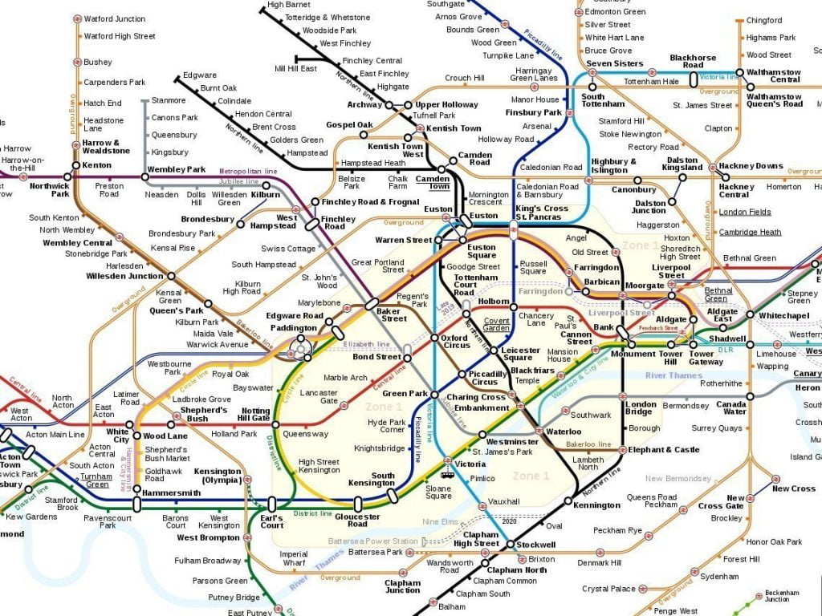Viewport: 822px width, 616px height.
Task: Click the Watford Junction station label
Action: pos(115,18)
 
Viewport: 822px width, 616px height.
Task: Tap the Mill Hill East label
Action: pos(295,69)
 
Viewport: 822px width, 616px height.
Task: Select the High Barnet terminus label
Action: pos(289,5)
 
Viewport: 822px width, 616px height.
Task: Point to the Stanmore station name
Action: pos(169,101)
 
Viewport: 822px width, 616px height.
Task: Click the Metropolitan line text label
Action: pos(249,171)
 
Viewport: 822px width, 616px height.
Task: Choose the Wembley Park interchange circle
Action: pos(145,177)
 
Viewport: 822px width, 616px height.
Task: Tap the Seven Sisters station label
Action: pos(614,63)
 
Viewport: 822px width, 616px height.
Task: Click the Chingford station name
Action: pos(763,21)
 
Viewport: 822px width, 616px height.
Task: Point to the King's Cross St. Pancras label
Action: pos(541,213)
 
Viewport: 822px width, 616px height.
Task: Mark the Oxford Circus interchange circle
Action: pos(434,338)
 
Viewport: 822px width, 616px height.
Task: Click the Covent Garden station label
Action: pos(496,324)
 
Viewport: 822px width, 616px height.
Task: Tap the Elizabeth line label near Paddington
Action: pos(366,344)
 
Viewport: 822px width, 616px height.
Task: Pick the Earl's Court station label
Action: pos(271,521)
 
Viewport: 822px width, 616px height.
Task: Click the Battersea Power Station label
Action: pos(362,541)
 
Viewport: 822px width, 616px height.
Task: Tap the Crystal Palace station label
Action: pos(608,589)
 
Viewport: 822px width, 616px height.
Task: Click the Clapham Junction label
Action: pos(402,586)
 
